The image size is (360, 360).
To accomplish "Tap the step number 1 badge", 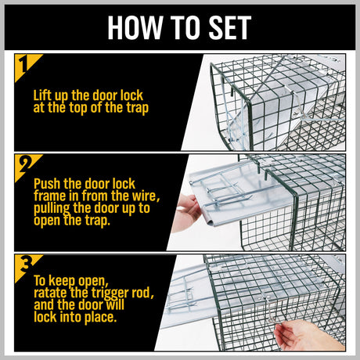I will (27, 66).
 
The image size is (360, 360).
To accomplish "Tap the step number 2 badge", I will (27, 166).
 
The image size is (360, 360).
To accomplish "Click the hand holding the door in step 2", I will (188, 209).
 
